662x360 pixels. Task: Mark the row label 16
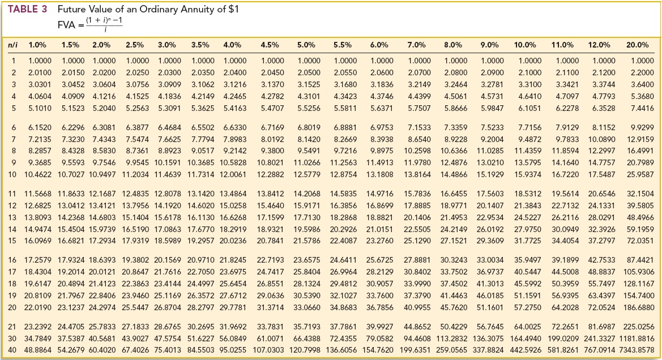(x=12, y=259)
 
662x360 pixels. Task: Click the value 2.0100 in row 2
(x=40, y=72)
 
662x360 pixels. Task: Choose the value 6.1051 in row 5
(x=528, y=108)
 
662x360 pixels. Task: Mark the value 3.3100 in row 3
(x=528, y=84)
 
